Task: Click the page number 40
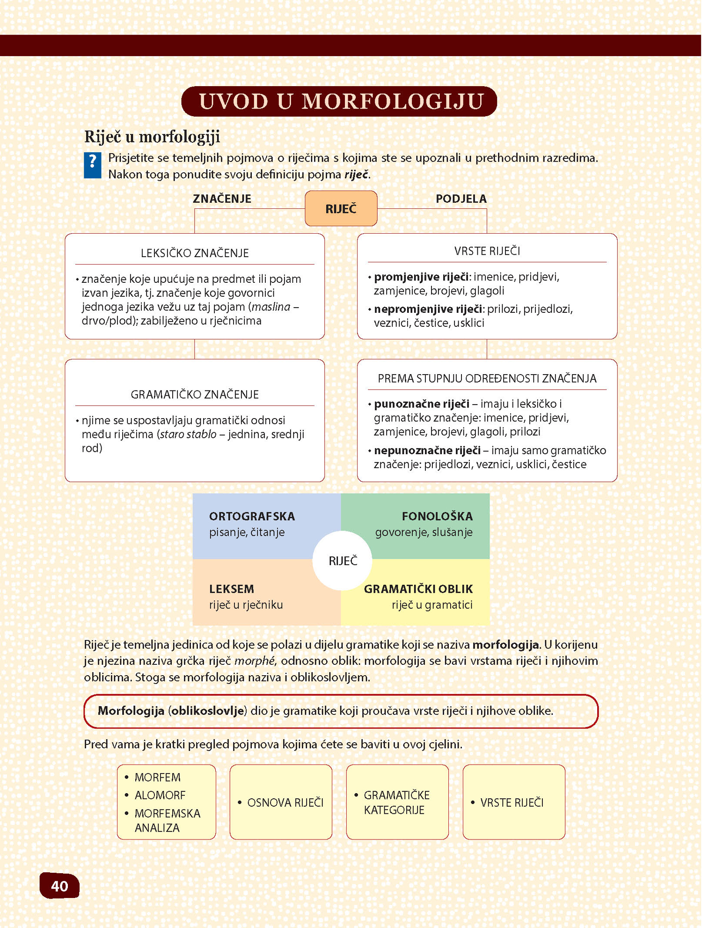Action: tap(59, 885)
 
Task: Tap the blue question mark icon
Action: tap(92, 165)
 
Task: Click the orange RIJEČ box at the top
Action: tap(341, 209)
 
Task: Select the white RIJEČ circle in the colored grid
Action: tap(343, 560)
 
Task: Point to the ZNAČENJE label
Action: tap(222, 199)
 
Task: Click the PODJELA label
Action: tap(461, 199)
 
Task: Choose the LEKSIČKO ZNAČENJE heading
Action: tap(195, 253)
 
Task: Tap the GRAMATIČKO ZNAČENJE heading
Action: tap(195, 394)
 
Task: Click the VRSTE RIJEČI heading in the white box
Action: tap(487, 251)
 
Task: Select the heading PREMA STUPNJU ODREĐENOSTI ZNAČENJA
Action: tap(487, 378)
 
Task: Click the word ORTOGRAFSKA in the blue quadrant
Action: tap(252, 516)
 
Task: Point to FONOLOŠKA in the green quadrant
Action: tap(437, 516)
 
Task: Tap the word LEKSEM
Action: tap(231, 589)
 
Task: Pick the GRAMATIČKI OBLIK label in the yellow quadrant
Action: tap(418, 589)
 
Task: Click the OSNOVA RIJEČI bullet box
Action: tap(281, 802)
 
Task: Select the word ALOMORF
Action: tap(160, 795)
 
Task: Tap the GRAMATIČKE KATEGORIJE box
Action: tap(397, 802)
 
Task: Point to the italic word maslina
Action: tap(271, 307)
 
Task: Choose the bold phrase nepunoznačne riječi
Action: tap(427, 450)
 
